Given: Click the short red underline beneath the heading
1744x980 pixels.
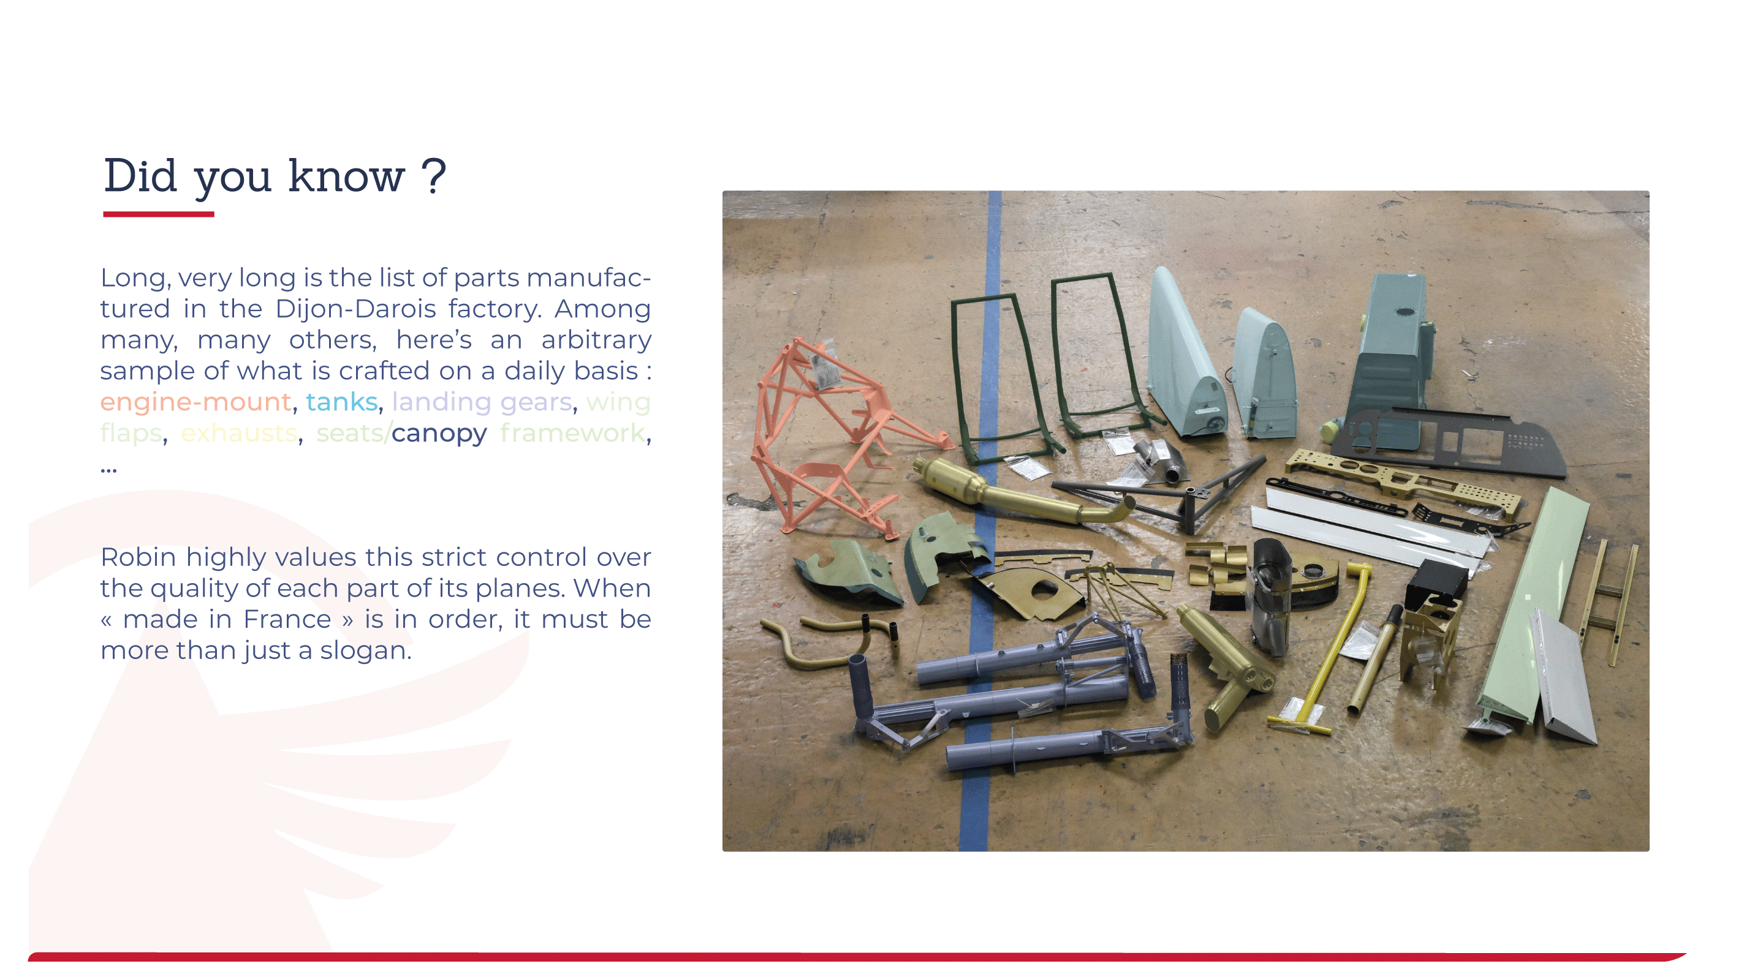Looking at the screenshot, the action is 159,214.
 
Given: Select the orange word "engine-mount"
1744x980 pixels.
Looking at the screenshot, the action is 195,402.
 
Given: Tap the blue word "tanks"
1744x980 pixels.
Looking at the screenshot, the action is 342,402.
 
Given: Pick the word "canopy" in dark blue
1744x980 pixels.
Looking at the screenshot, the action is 439,434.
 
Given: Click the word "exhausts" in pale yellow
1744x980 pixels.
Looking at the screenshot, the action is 239,433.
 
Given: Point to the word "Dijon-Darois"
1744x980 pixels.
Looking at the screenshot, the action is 355,309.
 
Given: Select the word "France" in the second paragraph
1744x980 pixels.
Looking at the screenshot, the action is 287,619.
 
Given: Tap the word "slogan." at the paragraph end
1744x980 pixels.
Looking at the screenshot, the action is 366,650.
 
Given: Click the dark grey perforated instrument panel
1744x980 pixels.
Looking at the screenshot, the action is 1449,440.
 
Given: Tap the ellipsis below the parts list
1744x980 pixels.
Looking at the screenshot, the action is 108,469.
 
